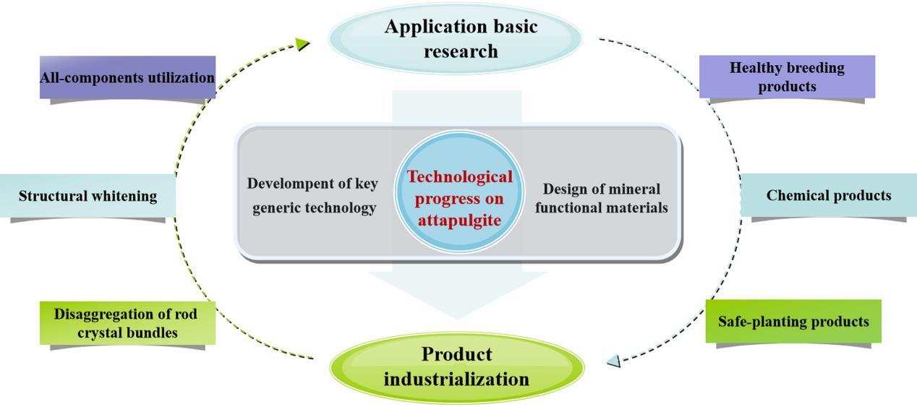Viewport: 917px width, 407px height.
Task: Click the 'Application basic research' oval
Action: [456, 38]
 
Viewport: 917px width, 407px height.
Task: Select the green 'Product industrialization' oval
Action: [456, 367]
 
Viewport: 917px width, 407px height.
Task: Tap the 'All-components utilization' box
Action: [127, 77]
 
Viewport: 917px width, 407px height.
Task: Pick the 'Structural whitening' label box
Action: [88, 195]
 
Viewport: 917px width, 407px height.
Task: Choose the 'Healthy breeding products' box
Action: [787, 77]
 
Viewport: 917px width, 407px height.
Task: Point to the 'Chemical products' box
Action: [828, 195]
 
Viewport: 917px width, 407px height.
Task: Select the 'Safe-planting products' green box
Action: [793, 321]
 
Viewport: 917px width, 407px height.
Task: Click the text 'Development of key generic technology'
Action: [313, 195]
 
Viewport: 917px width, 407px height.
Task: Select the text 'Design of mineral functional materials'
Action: [602, 198]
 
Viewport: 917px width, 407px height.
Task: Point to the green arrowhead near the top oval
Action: [303, 44]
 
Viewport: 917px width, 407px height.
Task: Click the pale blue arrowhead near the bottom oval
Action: [613, 361]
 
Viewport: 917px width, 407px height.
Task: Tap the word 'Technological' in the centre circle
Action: [459, 177]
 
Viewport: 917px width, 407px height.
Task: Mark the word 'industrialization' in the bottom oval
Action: [456, 379]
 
